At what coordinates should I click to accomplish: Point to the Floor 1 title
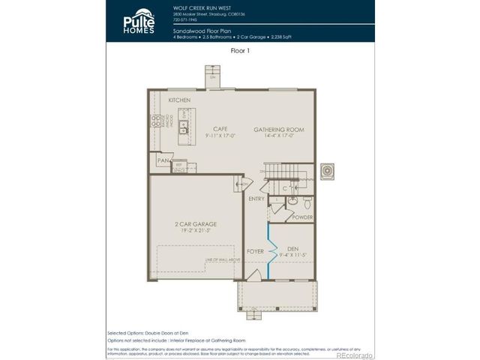point(239,52)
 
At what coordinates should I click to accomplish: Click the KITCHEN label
point(178,100)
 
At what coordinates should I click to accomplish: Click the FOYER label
point(255,251)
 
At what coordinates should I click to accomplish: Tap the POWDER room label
point(302,217)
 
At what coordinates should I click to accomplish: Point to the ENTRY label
point(256,199)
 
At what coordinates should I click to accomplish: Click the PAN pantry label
point(161,160)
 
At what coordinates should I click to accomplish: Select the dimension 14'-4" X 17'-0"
point(277,136)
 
